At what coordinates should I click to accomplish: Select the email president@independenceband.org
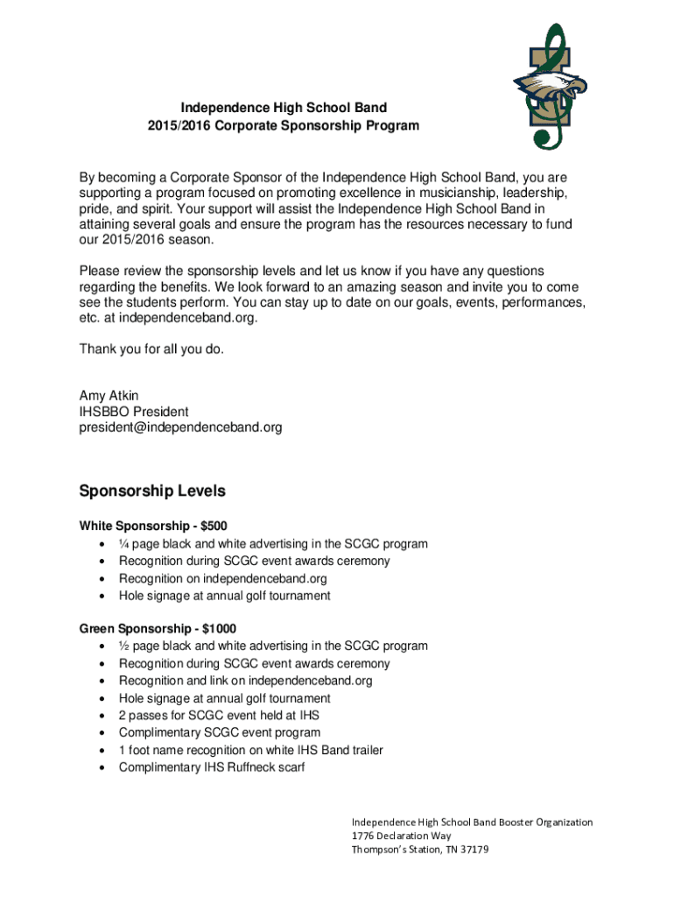[181, 427]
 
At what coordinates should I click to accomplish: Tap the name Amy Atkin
[109, 396]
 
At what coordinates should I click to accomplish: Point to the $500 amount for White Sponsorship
[214, 526]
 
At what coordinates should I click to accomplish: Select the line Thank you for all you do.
[152, 350]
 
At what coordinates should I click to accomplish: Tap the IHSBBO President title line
[134, 412]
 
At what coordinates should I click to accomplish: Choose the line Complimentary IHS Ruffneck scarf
[213, 767]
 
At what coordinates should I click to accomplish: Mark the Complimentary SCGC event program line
[220, 732]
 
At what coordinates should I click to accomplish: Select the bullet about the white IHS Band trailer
[251, 750]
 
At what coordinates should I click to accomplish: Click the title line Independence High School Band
[284, 108]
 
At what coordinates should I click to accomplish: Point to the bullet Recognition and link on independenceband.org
[246, 681]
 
